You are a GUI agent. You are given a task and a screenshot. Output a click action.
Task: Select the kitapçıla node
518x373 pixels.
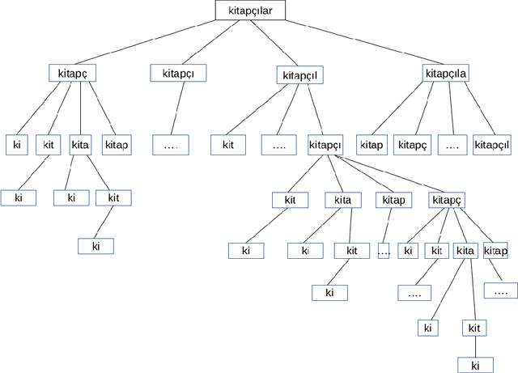coord(445,74)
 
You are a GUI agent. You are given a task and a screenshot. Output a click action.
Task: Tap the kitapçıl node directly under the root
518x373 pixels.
coord(300,75)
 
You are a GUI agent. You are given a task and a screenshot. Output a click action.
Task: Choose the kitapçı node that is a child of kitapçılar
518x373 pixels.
coord(178,73)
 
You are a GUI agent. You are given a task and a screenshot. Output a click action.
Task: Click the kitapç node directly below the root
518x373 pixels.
coord(73,73)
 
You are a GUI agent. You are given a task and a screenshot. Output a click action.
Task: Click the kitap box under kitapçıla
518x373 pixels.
coord(371,145)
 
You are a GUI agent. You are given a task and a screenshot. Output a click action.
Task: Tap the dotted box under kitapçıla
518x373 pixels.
coord(452,145)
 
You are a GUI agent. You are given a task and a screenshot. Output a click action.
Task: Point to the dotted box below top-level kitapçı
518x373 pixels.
coord(170,145)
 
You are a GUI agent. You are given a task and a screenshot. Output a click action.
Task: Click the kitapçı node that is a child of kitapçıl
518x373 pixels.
coord(325,146)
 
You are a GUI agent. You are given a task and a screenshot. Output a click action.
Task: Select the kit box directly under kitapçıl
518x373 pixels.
coord(228,146)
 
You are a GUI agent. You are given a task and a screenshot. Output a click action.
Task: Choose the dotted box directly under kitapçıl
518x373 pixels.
coord(279,146)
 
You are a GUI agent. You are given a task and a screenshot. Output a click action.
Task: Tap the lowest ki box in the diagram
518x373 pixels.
coord(475,364)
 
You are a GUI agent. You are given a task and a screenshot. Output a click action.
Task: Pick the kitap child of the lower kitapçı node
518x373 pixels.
coord(393,200)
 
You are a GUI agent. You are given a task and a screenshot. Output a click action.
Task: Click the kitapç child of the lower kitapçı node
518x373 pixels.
coord(447,200)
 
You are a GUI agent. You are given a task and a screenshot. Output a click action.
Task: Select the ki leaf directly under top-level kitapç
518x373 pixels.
coord(17,145)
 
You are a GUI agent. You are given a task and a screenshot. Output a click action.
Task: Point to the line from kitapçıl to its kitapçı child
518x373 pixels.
coord(314,109)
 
